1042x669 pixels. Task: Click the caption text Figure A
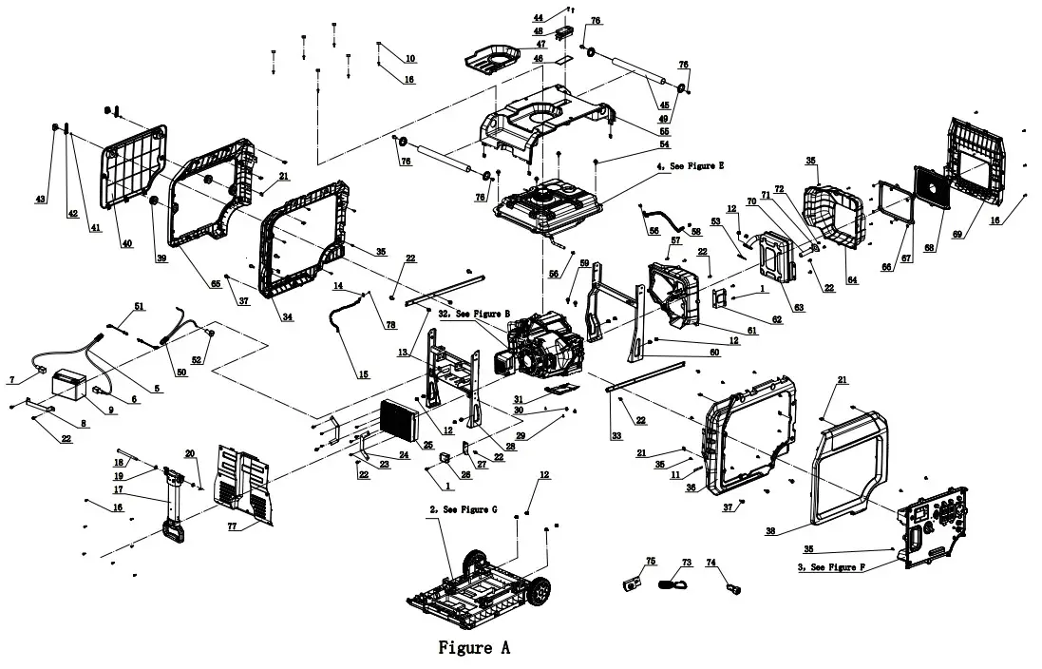click(473, 648)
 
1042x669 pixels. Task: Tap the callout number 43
click(40, 199)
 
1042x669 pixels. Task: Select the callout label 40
click(127, 243)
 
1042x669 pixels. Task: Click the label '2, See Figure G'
click(463, 510)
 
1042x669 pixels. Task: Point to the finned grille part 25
click(400, 421)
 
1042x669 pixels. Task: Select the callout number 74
click(710, 563)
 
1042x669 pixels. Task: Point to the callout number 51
click(139, 306)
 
